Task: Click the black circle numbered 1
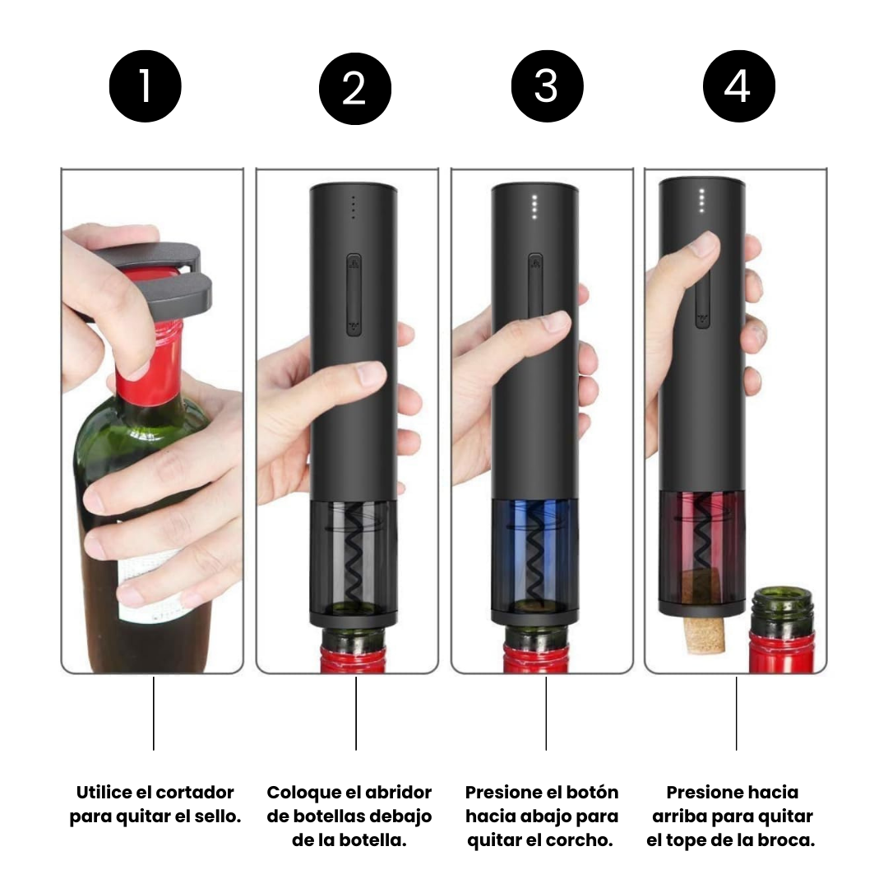pos(145,86)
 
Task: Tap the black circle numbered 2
pos(355,89)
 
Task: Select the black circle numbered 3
pos(547,86)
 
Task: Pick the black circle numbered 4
pos(739,86)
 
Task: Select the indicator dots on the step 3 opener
pos(534,206)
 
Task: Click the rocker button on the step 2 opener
pos(354,295)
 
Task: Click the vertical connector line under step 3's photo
pos(546,714)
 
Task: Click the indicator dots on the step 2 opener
pos(354,207)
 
